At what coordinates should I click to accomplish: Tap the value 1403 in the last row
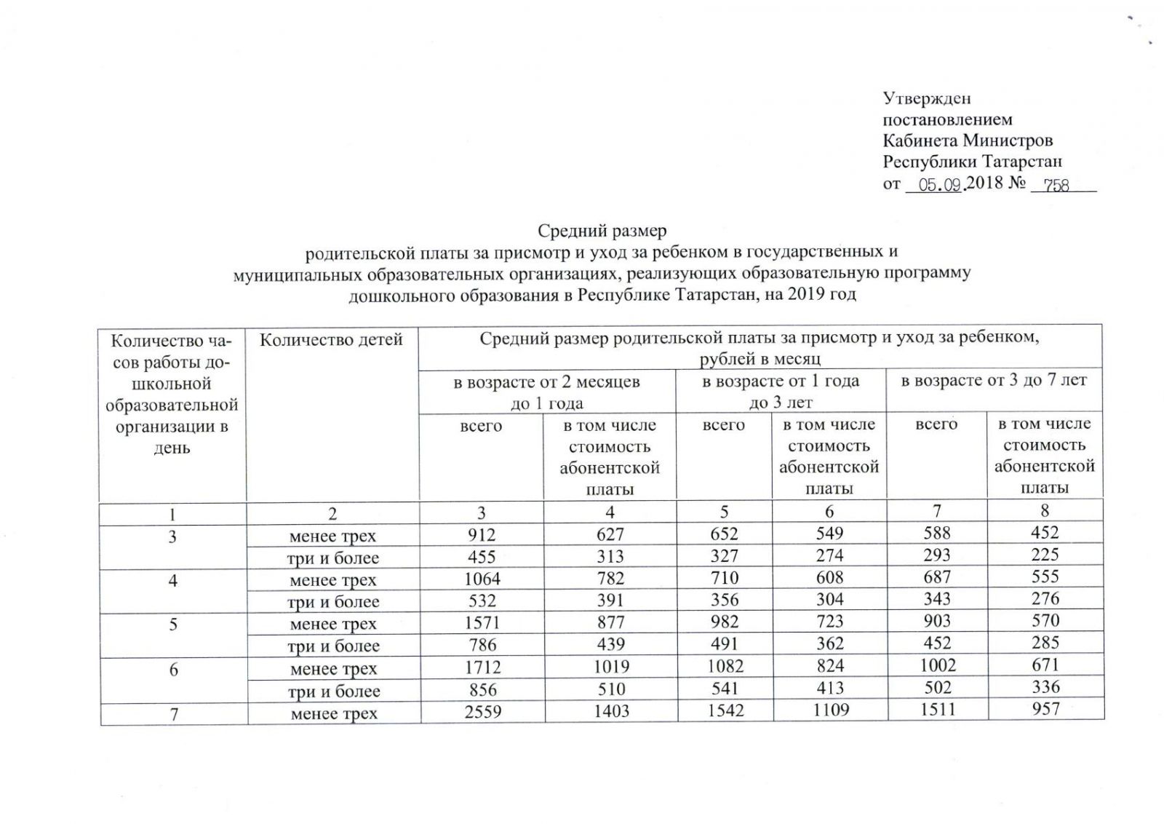pos(611,711)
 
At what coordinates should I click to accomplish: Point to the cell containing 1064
pos(482,579)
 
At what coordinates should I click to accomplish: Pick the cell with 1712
pos(482,667)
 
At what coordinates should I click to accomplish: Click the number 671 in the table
pos(1045,665)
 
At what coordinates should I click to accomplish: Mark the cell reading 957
pos(1045,709)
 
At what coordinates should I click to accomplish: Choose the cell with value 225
pos(1045,555)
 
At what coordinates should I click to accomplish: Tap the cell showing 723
pos(829,622)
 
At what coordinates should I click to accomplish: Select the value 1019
pos(611,667)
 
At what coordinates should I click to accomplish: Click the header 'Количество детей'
pos(331,340)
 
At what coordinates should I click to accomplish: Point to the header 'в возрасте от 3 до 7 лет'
pos(994,381)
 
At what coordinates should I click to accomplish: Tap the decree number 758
pos(1056,186)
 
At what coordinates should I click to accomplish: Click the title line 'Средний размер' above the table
pos(602,231)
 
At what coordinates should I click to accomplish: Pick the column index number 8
pos(1045,511)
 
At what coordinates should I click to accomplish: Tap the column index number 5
pos(724,512)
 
